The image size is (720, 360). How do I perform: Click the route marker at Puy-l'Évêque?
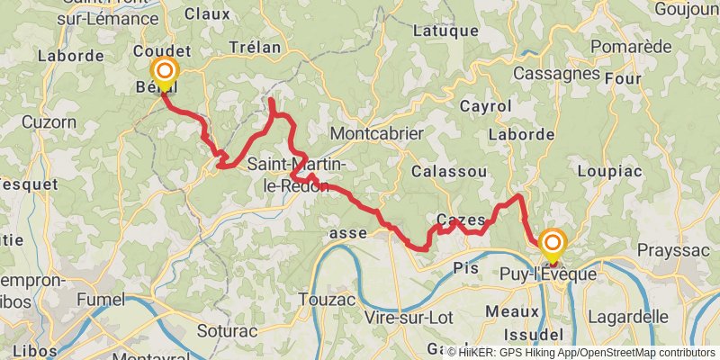coord(552,244)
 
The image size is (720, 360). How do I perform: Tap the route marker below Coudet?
coord(165,73)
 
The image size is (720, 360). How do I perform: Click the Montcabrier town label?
coord(377,133)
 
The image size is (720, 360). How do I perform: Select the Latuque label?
coord(445,31)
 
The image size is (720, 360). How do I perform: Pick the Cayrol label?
coord(485,106)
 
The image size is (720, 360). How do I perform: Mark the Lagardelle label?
coord(627,317)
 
